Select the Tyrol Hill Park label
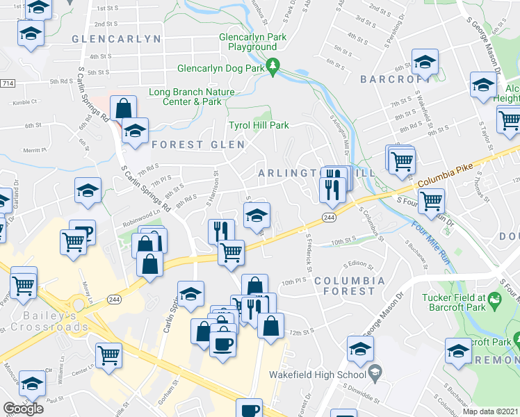(x=259, y=126)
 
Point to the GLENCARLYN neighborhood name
(x=116, y=40)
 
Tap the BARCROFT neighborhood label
(x=391, y=79)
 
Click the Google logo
(x=23, y=409)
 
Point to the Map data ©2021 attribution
(x=491, y=411)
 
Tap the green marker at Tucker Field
(x=494, y=300)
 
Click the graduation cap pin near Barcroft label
(x=424, y=63)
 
